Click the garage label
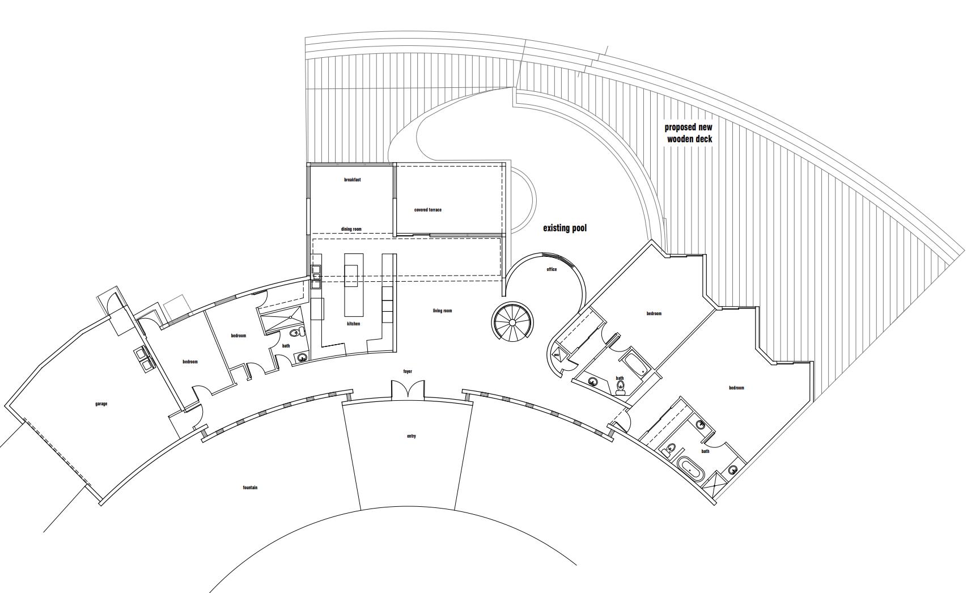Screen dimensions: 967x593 101,404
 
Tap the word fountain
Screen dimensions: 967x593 250,488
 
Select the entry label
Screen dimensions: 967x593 412,436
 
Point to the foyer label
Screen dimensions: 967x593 408,371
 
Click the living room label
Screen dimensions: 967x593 442,311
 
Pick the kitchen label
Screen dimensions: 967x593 354,324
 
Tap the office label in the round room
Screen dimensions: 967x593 552,269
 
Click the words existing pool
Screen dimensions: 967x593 565,228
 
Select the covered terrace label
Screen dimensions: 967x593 427,210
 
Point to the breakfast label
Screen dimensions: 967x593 352,180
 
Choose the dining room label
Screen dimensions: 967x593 351,229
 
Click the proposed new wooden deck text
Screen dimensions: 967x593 689,133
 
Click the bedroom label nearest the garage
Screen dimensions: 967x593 190,362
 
